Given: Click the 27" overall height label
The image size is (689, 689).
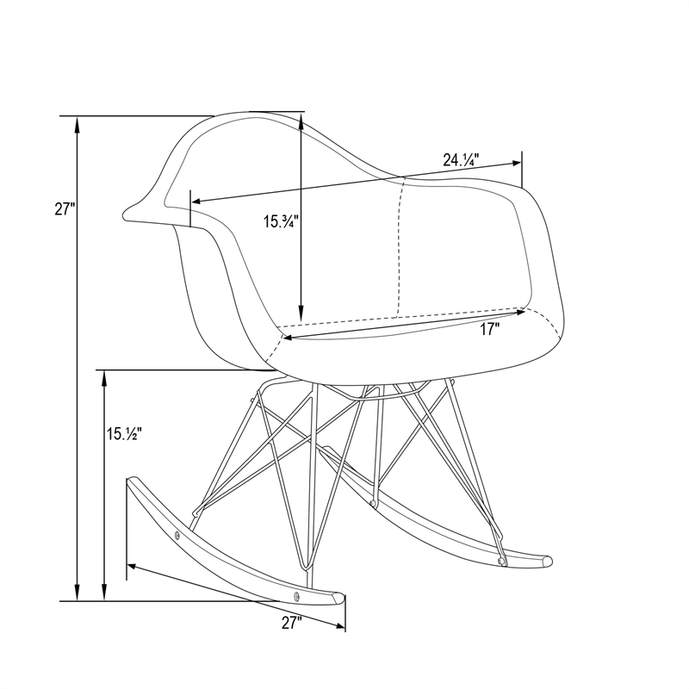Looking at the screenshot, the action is coord(65,208).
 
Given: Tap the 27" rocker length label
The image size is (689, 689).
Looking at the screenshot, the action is coord(292,623).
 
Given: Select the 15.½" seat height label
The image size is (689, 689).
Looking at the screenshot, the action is coord(123,434).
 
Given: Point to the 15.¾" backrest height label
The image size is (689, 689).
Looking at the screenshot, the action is coord(282,221).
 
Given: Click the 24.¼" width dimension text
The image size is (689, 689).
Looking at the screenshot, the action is coord(461,160).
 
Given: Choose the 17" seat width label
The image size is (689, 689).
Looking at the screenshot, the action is coord(489,329).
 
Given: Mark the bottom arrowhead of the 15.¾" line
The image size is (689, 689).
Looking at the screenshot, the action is coord(301,314).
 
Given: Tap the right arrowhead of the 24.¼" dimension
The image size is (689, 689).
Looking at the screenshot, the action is coord(515,163).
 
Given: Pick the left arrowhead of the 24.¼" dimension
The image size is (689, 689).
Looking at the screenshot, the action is coord(197,202).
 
